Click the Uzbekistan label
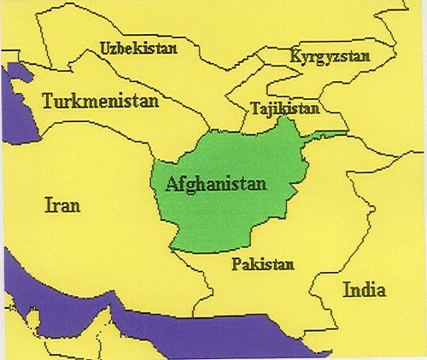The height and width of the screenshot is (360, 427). point(138,49)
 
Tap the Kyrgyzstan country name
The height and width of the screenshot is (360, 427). point(330,57)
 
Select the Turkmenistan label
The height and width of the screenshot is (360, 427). point(101,101)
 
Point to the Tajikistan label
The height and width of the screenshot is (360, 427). point(285,109)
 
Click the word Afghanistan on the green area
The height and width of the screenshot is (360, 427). point(215,183)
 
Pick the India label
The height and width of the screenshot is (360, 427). point(364,290)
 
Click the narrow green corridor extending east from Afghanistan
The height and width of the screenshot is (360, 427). point(329,134)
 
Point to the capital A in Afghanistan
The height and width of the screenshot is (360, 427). point(172,183)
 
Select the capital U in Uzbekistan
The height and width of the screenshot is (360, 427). point(105,49)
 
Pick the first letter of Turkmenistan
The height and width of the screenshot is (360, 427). point(48,101)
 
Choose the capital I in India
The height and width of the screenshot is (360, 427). point(346,290)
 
